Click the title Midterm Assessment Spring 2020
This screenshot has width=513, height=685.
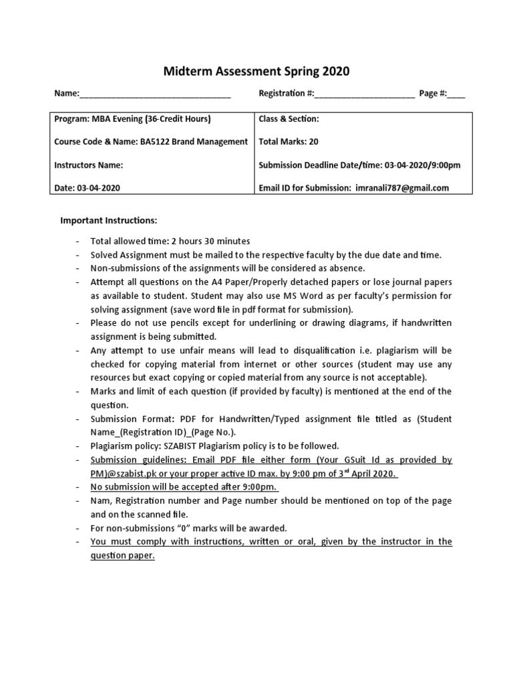pyautogui.click(x=256, y=72)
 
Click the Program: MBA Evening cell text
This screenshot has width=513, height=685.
pyautogui.click(x=132, y=119)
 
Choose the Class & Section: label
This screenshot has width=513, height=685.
pyautogui.click(x=289, y=119)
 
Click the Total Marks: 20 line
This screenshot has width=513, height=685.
pyautogui.click(x=289, y=142)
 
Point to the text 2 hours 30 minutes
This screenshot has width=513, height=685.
pyautogui.click(x=210, y=241)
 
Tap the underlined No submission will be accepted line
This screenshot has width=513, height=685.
pyautogui.click(x=185, y=487)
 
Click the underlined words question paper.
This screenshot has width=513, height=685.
pyautogui.click(x=123, y=556)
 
